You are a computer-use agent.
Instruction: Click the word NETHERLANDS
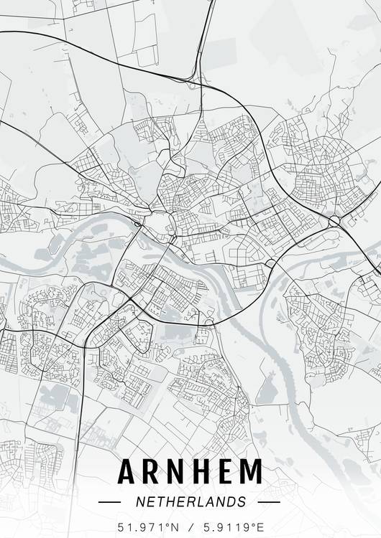[x=190, y=501]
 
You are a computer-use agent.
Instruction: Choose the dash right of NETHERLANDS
[x=268, y=501]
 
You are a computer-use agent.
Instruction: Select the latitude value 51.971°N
[x=148, y=526]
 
